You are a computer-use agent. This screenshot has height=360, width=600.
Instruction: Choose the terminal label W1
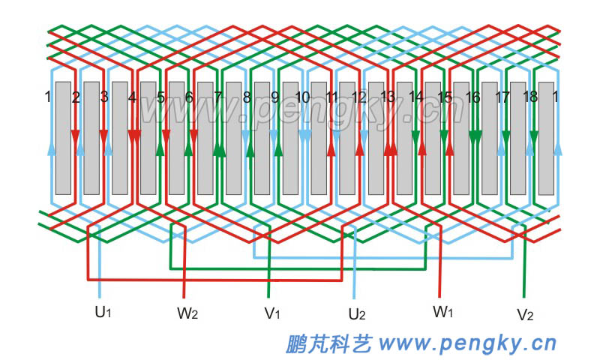point(443,310)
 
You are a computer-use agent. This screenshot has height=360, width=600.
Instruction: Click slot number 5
point(160,97)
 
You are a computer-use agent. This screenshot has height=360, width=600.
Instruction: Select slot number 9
point(274,97)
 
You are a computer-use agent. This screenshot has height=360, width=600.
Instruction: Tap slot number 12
point(358,97)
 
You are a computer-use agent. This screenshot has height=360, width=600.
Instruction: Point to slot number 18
point(529,97)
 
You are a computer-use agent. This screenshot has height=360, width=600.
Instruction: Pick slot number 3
point(103,97)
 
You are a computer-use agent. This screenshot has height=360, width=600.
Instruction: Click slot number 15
point(444,97)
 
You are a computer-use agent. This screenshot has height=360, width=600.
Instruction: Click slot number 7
point(217,97)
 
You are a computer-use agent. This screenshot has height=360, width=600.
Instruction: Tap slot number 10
point(302,97)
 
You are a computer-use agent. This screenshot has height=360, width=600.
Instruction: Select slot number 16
point(472,97)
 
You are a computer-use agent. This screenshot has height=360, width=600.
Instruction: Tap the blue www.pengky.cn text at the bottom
point(468,343)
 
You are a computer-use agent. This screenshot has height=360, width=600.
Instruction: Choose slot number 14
point(415,97)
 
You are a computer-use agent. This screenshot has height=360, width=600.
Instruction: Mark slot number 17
point(502,97)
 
